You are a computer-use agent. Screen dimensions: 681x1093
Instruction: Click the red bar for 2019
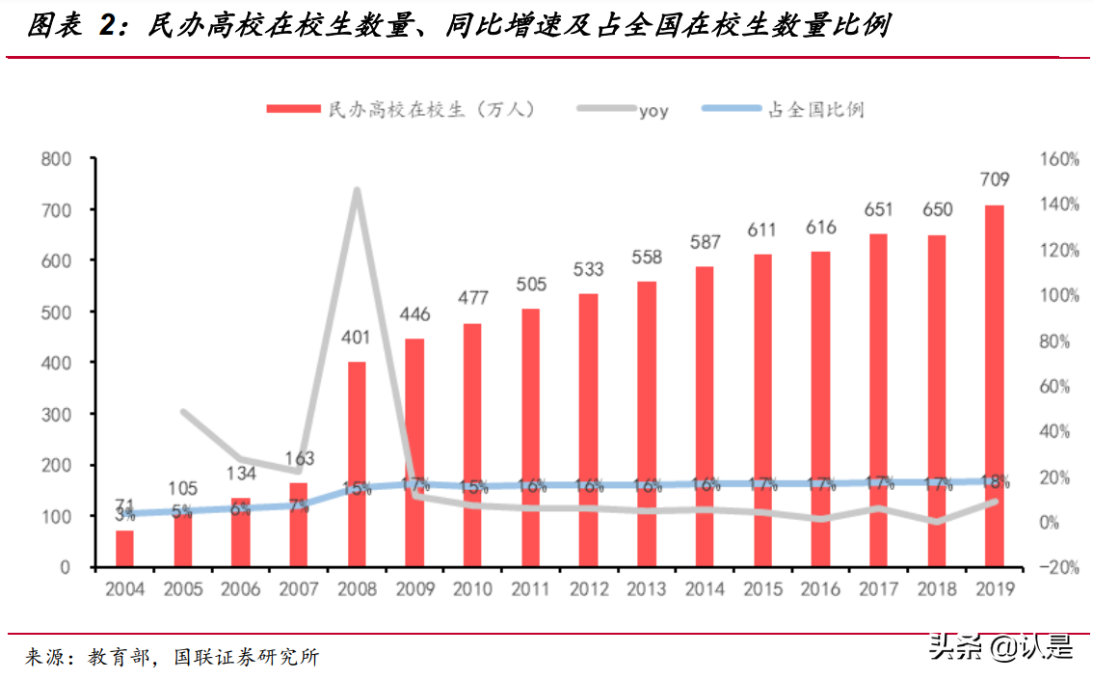coord(994,386)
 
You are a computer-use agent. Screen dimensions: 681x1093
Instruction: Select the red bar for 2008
coord(357,464)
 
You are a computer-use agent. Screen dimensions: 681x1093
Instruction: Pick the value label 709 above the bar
coord(994,179)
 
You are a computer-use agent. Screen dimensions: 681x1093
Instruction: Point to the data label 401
coord(357,338)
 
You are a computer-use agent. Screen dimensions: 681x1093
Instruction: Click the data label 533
coord(588,268)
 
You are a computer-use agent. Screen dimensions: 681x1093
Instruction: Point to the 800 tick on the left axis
coord(56,159)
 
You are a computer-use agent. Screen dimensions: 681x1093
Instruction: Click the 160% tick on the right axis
coord(1058,159)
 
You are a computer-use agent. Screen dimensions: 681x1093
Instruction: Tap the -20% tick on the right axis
coord(1058,568)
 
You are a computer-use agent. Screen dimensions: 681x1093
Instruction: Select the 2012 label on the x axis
coord(588,589)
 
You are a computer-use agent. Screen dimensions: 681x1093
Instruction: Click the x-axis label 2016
coord(820,589)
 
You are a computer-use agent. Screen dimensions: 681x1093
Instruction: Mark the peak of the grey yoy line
coord(357,190)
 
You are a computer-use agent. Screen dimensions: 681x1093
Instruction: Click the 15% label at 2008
coord(357,488)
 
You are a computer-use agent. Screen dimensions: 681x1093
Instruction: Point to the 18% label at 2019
coord(994,481)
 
